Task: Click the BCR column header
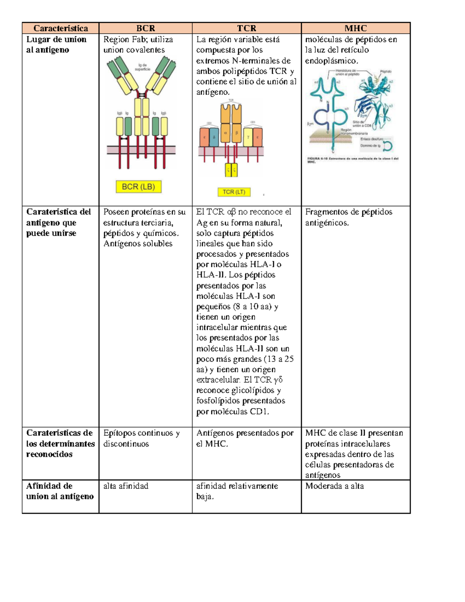[x=145, y=28]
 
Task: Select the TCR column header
[x=246, y=28]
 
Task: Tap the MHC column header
[x=355, y=28]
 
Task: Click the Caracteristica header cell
[x=60, y=28]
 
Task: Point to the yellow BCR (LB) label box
[x=138, y=187]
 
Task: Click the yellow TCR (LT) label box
[x=234, y=192]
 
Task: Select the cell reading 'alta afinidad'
[x=126, y=486]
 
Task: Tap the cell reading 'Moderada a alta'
[x=334, y=486]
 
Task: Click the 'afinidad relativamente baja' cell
[x=237, y=491]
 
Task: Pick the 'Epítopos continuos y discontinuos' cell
[x=141, y=438]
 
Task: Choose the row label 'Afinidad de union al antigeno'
[x=60, y=491]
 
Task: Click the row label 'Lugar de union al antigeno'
[x=56, y=45]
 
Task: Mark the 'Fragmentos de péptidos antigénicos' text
[x=348, y=217]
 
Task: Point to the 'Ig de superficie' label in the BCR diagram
[x=143, y=67]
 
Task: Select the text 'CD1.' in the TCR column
[x=259, y=412]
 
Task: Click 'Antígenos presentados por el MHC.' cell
[x=245, y=438]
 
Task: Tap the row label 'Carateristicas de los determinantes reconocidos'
[x=60, y=443]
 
